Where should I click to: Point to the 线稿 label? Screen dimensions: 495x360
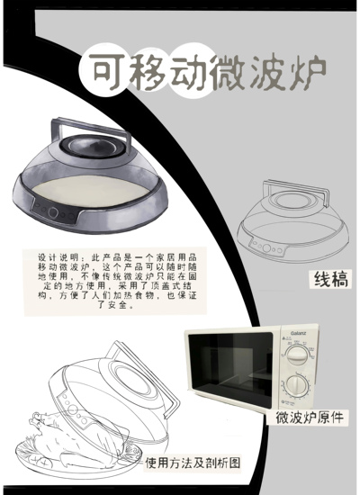click(330, 281)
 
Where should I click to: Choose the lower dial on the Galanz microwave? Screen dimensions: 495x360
click(295, 385)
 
